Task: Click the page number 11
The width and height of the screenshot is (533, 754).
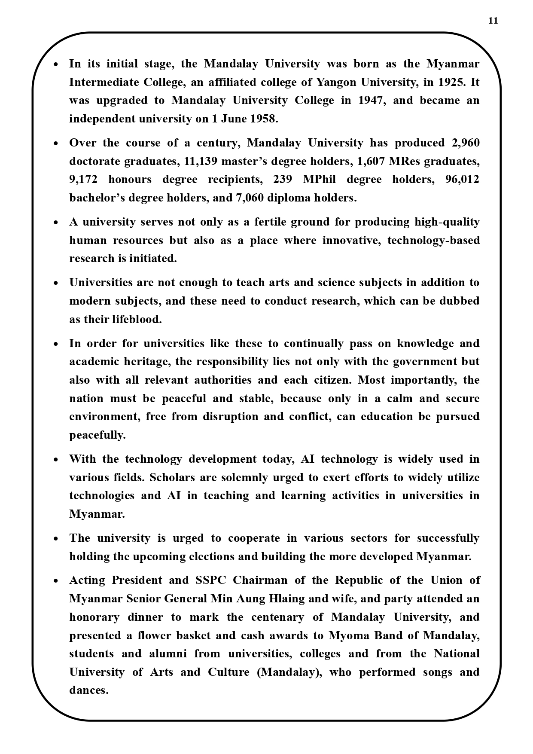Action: point(493,21)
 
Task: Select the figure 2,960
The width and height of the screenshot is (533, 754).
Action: point(466,143)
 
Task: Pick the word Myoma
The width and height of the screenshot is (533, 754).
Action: point(347,635)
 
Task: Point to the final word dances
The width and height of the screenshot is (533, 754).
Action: point(89,690)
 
